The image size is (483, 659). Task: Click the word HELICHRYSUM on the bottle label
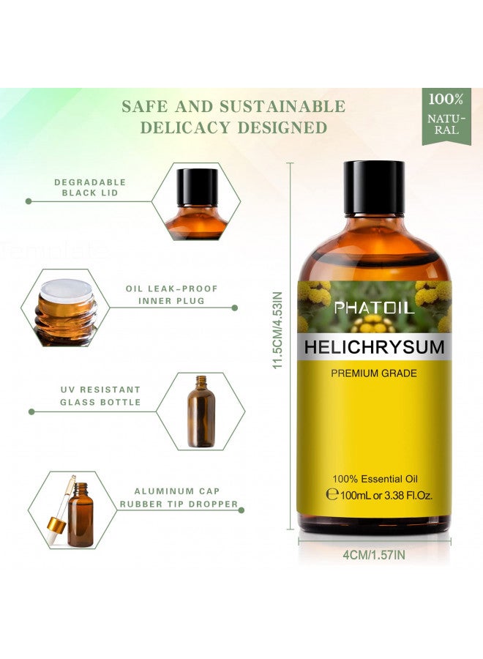click(x=374, y=347)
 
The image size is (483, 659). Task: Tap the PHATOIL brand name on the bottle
click(x=374, y=308)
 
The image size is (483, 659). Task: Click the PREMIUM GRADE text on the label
click(x=374, y=373)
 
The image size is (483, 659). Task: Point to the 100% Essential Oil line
click(x=374, y=478)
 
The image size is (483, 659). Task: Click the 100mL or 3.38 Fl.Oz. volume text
click(x=385, y=495)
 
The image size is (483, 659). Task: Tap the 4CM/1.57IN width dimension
click(x=374, y=555)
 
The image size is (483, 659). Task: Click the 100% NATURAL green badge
click(x=446, y=115)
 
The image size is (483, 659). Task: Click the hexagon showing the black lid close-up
click(x=195, y=201)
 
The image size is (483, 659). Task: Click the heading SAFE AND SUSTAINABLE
click(x=233, y=106)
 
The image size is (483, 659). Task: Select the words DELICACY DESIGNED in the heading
click(x=233, y=128)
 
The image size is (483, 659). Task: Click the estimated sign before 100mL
click(x=331, y=495)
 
